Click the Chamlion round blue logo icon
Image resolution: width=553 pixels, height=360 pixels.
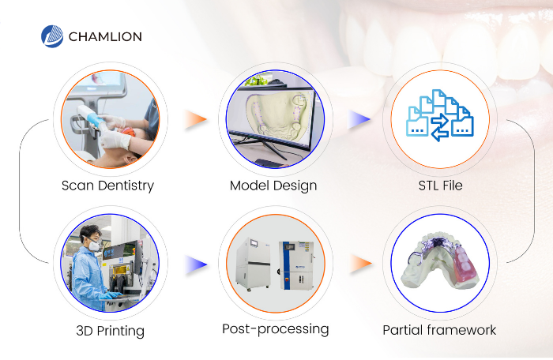pyautogui.click(x=52, y=36)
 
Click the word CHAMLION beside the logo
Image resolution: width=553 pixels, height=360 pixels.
pyautogui.click(x=105, y=36)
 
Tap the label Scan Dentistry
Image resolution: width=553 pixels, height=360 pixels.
pyautogui.click(x=107, y=186)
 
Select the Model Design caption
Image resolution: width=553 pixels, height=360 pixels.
pyautogui.click(x=273, y=186)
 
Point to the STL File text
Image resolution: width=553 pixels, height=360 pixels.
pyautogui.click(x=441, y=186)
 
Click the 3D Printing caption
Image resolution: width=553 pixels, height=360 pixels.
pyautogui.click(x=111, y=331)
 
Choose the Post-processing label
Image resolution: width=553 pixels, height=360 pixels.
pyautogui.click(x=276, y=329)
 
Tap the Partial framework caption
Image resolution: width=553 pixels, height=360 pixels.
pyautogui.click(x=439, y=330)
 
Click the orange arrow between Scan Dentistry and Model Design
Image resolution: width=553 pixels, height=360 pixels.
pyautogui.click(x=195, y=119)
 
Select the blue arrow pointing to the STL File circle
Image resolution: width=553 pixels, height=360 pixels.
pyautogui.click(x=359, y=119)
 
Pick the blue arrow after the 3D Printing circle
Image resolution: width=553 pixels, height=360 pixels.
pyautogui.click(x=195, y=264)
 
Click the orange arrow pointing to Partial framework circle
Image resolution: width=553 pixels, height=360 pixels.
pyautogui.click(x=361, y=264)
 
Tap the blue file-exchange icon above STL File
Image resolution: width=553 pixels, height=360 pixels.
pyautogui.click(x=440, y=115)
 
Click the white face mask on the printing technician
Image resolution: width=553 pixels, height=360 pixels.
pyautogui.click(x=94, y=246)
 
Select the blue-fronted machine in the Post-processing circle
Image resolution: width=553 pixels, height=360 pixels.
pyautogui.click(x=296, y=265)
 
